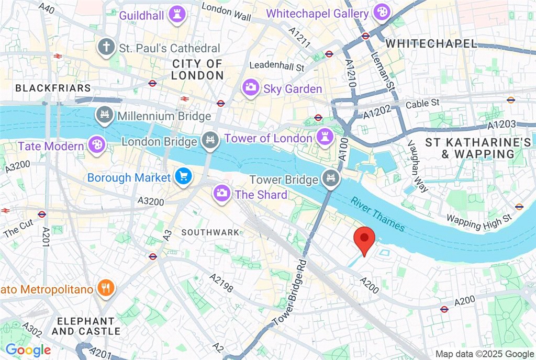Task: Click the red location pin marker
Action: coord(364,240)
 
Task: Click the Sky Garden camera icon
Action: coord(251,88)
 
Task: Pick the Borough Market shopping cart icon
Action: coord(183,177)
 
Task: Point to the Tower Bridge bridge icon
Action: coord(331,179)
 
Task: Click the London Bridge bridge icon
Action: coord(209,141)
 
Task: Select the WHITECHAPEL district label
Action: coord(432,44)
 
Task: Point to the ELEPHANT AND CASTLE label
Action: coord(86,326)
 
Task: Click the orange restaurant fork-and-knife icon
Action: coord(106,288)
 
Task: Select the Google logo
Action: coord(28,350)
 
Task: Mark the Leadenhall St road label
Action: coord(277,66)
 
